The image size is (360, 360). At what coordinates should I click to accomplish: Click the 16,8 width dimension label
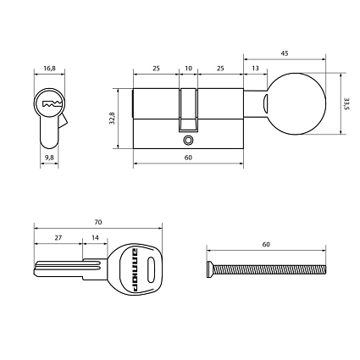point(49,69)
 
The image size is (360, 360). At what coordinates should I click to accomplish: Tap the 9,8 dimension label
point(49,158)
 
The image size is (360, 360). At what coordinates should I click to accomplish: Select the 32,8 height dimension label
point(112,119)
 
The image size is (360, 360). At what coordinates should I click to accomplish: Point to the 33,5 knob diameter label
point(346,104)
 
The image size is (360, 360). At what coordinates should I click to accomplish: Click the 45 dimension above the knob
point(285,53)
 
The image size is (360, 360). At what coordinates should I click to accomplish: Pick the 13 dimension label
point(255,69)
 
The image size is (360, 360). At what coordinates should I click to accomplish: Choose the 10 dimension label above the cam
point(188,69)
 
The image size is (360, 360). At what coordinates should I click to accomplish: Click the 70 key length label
point(98,222)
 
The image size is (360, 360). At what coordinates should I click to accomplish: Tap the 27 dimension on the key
point(58,238)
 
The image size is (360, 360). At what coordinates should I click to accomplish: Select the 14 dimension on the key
point(95,238)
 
